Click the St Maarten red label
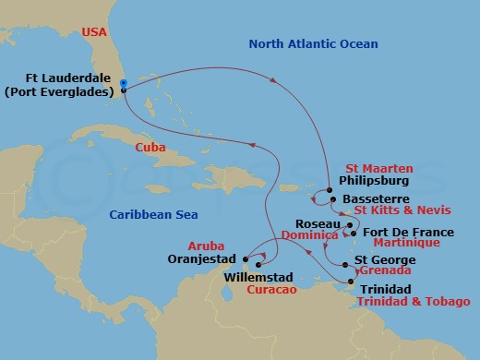coord(378,168)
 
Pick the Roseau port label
coord(318,224)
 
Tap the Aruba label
coord(206,247)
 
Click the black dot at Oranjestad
coord(245,258)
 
